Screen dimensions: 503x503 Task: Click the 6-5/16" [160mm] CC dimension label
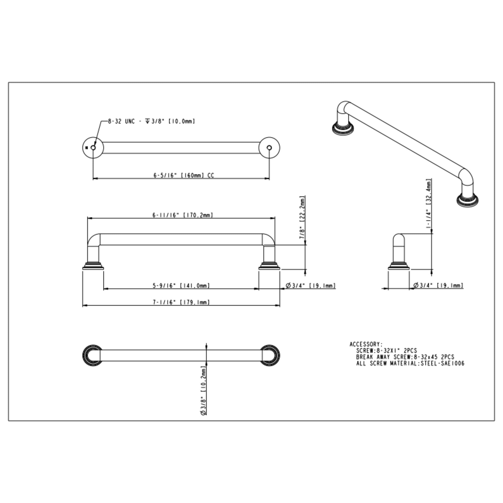pos(184,176)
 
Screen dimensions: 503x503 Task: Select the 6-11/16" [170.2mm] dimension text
pos(183,215)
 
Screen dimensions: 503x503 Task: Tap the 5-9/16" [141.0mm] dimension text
pos(181,286)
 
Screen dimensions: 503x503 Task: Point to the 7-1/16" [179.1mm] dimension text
pos(181,302)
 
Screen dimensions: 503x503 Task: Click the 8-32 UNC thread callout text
pos(151,121)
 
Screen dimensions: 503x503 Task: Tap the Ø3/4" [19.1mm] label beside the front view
pos(311,286)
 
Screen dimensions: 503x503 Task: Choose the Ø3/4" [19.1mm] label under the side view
pos(438,286)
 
